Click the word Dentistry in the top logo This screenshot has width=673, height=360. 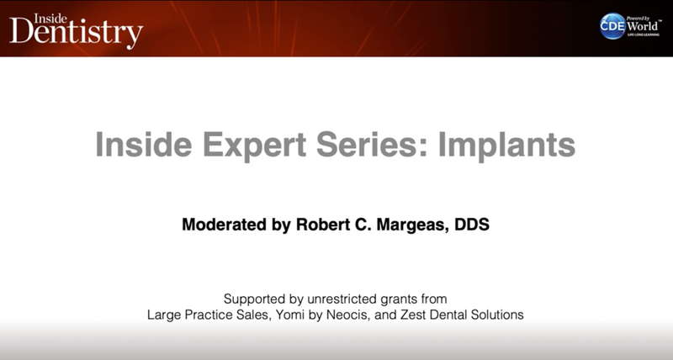(76, 33)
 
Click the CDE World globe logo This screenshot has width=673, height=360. (612, 26)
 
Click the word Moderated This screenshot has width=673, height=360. (223, 225)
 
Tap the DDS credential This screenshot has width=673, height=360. (472, 225)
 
